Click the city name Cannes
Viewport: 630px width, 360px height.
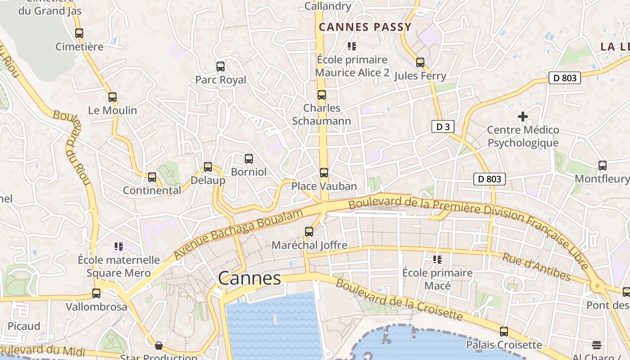[x=250, y=278]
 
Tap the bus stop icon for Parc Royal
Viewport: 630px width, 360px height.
[x=220, y=67]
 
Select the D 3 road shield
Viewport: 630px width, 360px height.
[x=443, y=127]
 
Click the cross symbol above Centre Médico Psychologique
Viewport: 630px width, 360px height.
[x=522, y=117]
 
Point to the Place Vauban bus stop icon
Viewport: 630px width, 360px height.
[x=324, y=173]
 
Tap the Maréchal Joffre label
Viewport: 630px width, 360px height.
[x=310, y=245]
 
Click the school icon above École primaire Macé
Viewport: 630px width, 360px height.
[x=437, y=260]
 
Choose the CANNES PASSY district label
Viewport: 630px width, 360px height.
[x=365, y=27]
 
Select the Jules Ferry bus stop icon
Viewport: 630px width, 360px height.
[x=420, y=63]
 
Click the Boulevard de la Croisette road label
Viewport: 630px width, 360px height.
[x=399, y=300]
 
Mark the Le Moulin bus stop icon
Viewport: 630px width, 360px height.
[x=112, y=97]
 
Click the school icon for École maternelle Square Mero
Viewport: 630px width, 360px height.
[x=119, y=247]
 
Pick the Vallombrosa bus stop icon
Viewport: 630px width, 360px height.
[x=96, y=293]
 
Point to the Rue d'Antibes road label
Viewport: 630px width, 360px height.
[x=536, y=266]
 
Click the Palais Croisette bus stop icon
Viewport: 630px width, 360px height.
[x=504, y=332]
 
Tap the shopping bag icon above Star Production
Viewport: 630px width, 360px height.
[x=159, y=346]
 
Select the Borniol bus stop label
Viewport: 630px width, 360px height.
[x=249, y=172]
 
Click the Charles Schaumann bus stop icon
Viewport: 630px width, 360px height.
[x=322, y=95]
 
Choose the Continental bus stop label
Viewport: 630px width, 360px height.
[x=152, y=190]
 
